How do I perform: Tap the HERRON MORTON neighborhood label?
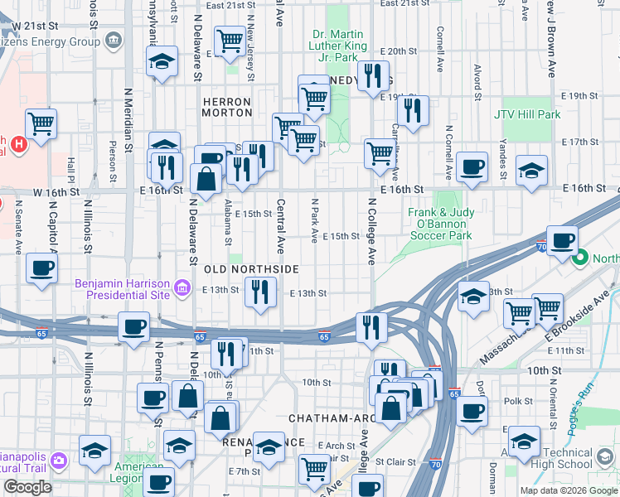coord(226,106)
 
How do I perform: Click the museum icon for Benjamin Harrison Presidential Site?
coord(182,289)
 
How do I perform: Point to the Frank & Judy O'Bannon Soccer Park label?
coord(441,224)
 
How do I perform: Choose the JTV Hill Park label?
coord(527,114)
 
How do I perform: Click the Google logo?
coord(27,487)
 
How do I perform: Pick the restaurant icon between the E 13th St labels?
coord(260,292)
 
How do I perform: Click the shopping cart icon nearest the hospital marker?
coord(40,124)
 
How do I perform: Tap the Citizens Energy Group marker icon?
coord(114,39)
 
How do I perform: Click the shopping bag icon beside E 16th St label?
coord(205,177)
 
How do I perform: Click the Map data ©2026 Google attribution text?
coord(567,490)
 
